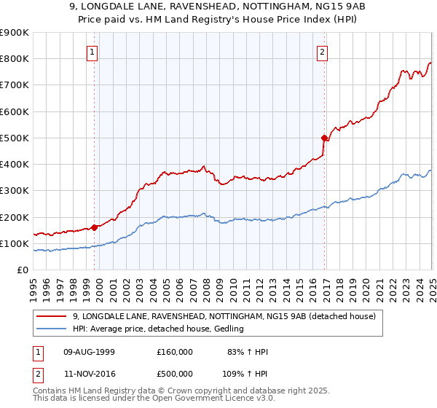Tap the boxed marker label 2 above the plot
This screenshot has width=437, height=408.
click(322, 52)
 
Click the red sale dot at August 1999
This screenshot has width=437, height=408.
click(95, 227)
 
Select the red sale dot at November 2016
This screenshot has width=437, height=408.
click(325, 137)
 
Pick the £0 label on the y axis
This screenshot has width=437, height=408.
click(22, 270)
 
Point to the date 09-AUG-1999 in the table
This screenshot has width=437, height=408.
click(89, 352)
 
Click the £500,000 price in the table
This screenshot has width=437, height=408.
click(175, 374)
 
